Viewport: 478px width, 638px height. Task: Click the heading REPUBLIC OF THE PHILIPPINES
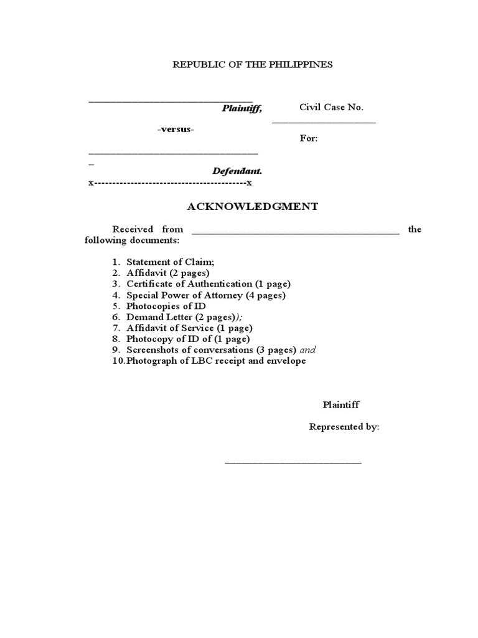point(252,65)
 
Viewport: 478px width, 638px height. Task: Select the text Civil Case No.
point(331,107)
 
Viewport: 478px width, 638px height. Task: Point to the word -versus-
point(176,129)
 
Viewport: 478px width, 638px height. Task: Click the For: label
point(309,138)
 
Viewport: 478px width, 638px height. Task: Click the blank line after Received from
point(295,231)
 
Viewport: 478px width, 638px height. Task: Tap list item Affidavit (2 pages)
point(167,273)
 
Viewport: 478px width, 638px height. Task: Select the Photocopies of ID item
point(166,306)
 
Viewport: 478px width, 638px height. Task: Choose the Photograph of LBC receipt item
point(215,361)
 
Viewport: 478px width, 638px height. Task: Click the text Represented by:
point(344,427)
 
